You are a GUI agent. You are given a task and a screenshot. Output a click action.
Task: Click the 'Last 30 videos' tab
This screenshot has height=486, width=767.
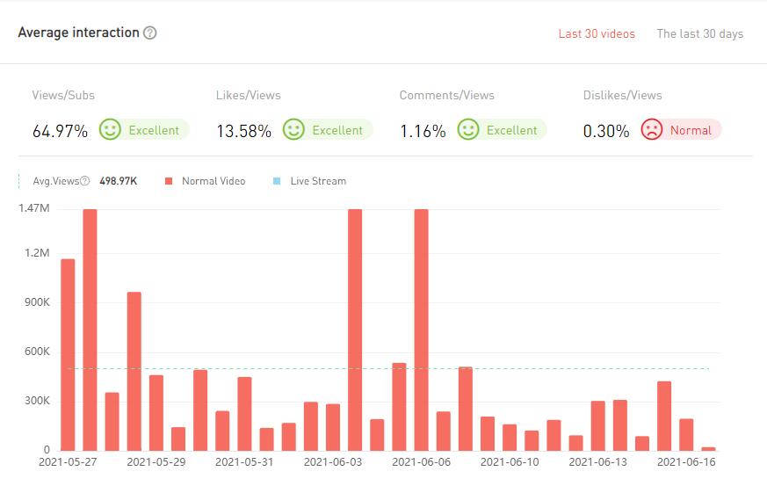tap(597, 34)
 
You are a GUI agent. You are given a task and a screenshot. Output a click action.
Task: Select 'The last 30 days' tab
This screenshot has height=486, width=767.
tap(699, 34)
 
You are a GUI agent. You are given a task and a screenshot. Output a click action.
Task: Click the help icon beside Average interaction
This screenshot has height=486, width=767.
tap(150, 33)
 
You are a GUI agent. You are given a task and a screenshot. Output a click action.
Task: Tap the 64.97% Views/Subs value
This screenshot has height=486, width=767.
tap(60, 131)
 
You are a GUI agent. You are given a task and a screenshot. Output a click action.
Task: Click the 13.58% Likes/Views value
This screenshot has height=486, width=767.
tap(243, 131)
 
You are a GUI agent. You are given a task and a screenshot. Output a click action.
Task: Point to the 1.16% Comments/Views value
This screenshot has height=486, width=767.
tap(423, 131)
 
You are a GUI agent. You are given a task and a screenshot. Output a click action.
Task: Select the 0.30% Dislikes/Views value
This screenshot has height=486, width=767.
tap(606, 131)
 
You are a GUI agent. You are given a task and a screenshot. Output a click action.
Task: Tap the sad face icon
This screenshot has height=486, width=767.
tap(651, 130)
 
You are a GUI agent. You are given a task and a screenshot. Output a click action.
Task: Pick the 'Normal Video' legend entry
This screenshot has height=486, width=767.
tap(213, 181)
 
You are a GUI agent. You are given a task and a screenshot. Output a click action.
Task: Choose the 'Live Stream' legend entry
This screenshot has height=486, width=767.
tap(317, 181)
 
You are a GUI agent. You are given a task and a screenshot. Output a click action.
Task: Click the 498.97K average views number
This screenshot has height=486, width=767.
tap(118, 181)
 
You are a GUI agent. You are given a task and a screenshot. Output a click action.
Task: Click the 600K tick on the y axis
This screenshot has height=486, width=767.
tap(36, 352)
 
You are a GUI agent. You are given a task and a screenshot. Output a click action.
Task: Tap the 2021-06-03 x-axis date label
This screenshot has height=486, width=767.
tap(333, 461)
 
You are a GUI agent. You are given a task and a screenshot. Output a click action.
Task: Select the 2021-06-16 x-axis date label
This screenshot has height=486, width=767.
tap(686, 461)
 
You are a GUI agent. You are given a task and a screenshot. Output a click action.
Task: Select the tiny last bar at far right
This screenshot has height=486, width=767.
tap(708, 448)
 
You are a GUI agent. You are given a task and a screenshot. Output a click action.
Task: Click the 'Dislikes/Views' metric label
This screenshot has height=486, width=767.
tap(622, 95)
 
